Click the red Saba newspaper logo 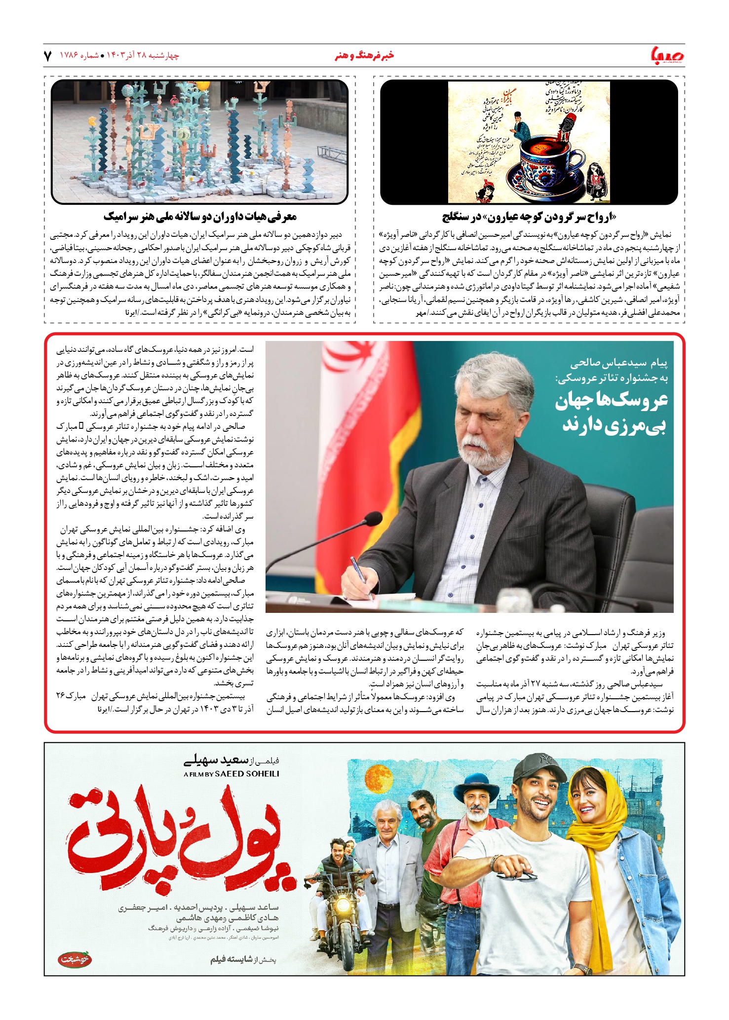[x=667, y=55]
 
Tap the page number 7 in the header [x=48, y=56]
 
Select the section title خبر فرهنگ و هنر [x=364, y=56]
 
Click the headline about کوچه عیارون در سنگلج [x=529, y=217]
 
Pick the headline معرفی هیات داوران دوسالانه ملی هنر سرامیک [x=200, y=217]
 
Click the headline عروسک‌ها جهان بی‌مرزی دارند [x=612, y=413]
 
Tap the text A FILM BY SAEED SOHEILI [x=231, y=774]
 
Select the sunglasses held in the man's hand [x=516, y=872]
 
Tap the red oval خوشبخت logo [x=75, y=959]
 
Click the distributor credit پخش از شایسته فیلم [x=243, y=959]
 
